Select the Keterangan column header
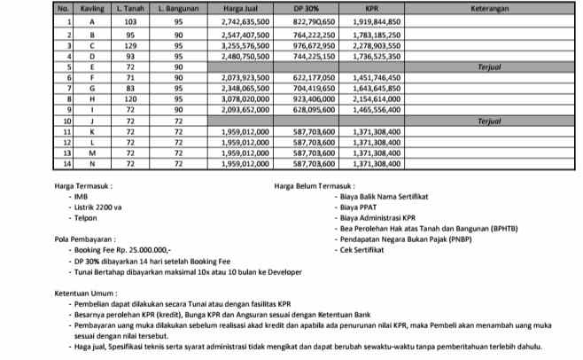pyautogui.click(x=496, y=7)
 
